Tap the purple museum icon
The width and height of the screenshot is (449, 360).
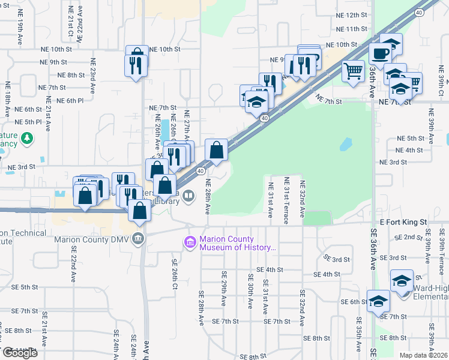pyautogui.click(x=190, y=242)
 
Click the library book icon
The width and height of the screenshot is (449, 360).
pyautogui.click(x=188, y=196)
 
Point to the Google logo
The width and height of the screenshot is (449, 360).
pyautogui.click(x=20, y=353)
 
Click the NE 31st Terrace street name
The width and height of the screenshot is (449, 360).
pyautogui.click(x=287, y=200)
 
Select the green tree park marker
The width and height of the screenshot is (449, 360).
pyautogui.click(x=26, y=139)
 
